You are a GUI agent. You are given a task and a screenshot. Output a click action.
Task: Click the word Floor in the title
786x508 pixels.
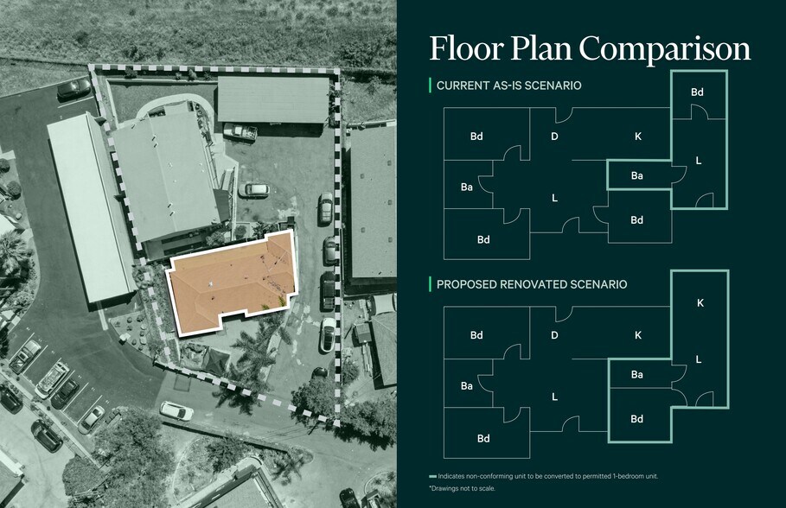pyautogui.click(x=466, y=48)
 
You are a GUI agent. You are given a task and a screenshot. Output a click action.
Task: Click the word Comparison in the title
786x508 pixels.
pyautogui.click(x=665, y=49)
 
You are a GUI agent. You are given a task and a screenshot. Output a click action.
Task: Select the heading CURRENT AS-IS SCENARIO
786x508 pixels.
pyautogui.click(x=508, y=86)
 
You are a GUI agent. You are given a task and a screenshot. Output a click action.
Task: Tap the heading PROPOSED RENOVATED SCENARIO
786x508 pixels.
pyautogui.click(x=532, y=284)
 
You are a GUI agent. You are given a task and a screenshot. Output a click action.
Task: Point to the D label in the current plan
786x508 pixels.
pyautogui.click(x=554, y=137)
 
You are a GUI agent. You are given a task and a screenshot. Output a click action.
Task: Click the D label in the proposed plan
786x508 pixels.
pyautogui.click(x=554, y=335)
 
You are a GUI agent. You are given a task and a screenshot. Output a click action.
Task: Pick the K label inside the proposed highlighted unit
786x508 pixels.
pyautogui.click(x=700, y=303)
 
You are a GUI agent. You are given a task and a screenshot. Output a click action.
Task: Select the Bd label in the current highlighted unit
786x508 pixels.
pyautogui.click(x=697, y=92)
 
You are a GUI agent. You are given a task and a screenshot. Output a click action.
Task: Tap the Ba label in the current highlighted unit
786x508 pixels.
pyautogui.click(x=637, y=176)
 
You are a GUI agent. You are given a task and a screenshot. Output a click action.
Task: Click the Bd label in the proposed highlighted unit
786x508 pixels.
pyautogui.click(x=637, y=419)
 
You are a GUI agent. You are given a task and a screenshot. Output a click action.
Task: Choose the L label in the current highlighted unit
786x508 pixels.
pyautogui.click(x=699, y=161)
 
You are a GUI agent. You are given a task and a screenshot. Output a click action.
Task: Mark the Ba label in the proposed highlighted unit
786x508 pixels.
pyautogui.click(x=637, y=375)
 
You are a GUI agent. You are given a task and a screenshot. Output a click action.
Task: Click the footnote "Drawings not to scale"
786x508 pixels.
pyautogui.click(x=463, y=488)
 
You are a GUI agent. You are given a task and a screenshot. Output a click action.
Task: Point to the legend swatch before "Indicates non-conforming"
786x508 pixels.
pyautogui.click(x=432, y=476)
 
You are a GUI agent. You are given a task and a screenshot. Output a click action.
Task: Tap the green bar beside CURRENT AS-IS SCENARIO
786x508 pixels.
pyautogui.click(x=430, y=86)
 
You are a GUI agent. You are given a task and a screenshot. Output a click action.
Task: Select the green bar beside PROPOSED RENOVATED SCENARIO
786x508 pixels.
pyautogui.click(x=430, y=284)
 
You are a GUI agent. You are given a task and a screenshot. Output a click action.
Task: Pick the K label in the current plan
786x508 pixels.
pyautogui.click(x=637, y=137)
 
